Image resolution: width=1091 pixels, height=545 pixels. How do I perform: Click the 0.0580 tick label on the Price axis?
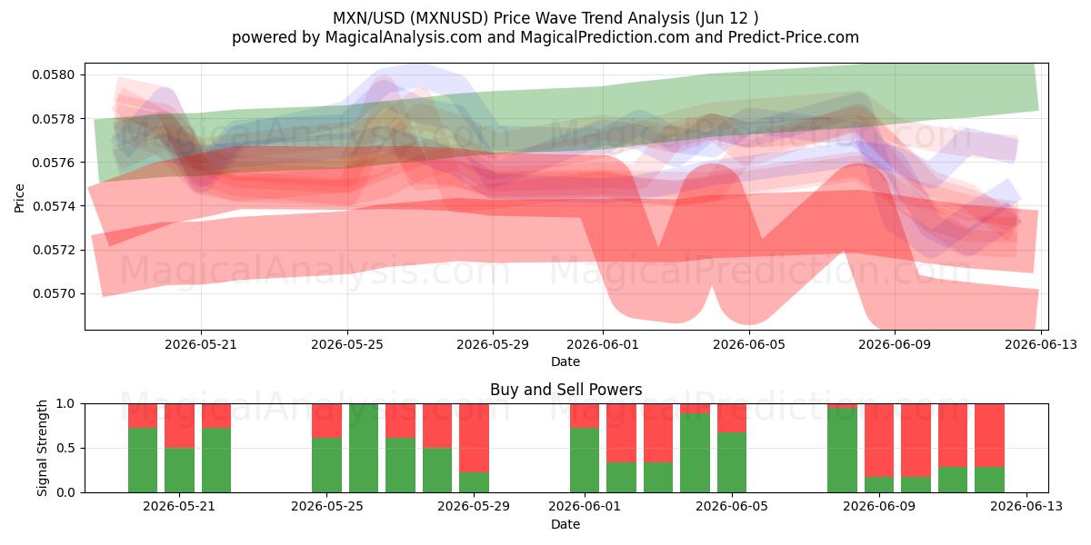(53, 74)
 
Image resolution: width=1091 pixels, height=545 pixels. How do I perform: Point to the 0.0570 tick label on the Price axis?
(53, 294)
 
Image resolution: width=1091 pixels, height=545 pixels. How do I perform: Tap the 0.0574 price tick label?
(53, 206)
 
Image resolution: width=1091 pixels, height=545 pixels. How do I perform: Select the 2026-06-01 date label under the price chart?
(603, 344)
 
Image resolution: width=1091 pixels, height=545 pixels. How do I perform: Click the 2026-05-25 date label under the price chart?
(347, 344)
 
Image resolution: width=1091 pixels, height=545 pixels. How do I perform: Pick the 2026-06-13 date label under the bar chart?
(1026, 506)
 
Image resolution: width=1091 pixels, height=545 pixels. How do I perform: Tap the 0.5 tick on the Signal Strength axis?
(65, 448)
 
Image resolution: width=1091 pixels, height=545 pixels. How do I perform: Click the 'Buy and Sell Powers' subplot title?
(566, 390)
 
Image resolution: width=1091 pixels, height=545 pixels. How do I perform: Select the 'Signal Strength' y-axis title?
(43, 448)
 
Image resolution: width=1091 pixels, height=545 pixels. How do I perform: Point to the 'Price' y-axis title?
(19, 198)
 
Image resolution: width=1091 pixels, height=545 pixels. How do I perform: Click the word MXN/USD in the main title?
(369, 18)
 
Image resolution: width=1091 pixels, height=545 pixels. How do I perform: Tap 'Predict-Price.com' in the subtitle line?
(794, 37)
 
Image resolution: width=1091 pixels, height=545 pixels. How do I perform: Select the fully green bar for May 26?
(364, 448)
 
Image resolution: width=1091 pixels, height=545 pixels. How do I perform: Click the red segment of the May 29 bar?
(474, 438)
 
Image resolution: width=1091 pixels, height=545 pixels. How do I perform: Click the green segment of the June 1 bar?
(585, 461)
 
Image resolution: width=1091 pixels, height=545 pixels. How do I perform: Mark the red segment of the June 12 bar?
(989, 435)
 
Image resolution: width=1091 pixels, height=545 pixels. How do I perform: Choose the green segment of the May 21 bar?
(179, 471)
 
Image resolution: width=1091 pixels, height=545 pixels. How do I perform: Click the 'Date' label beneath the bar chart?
(566, 525)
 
